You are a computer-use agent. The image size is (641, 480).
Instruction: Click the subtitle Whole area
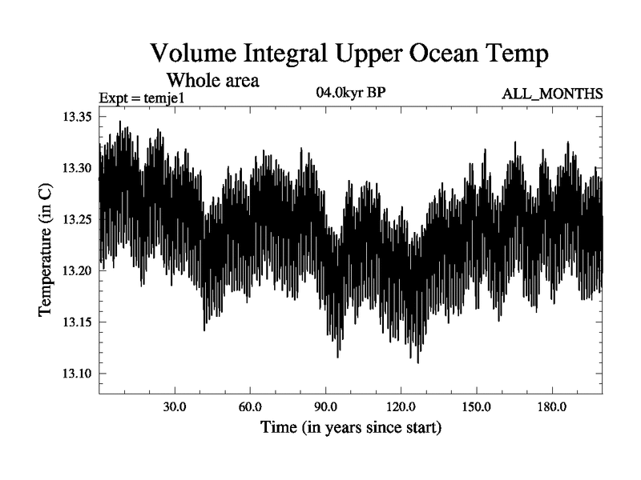click(212, 80)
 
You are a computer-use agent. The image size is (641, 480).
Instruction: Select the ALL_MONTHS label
click(552, 94)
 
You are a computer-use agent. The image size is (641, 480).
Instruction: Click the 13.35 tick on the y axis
click(78, 118)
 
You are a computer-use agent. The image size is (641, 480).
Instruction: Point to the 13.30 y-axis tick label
click(78, 169)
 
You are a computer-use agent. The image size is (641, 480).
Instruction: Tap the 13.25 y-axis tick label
click(78, 220)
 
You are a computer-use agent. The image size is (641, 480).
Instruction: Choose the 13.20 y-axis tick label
click(78, 271)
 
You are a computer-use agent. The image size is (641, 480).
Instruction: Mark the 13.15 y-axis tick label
click(78, 322)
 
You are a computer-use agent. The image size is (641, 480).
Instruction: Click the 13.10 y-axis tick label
click(78, 374)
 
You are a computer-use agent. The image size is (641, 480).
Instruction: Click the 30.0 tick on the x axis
click(175, 407)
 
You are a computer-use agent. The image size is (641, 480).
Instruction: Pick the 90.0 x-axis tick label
click(325, 407)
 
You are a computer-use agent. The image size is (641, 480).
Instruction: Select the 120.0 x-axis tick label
click(401, 407)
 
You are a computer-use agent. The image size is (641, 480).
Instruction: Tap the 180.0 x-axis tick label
click(551, 407)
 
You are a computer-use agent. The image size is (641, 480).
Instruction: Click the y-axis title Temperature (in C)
click(46, 247)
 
